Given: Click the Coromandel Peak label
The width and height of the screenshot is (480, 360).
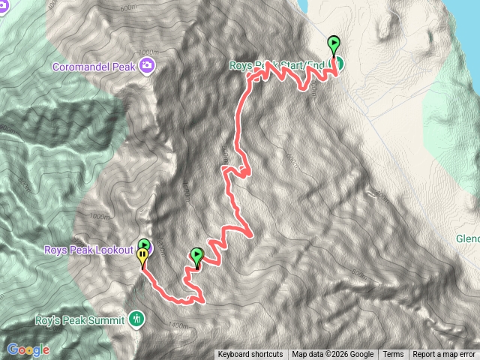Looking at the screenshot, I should click(94, 66).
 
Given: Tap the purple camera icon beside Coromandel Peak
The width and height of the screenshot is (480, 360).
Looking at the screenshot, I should click(148, 66).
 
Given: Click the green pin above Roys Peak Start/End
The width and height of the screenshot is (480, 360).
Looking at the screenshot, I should click(333, 43).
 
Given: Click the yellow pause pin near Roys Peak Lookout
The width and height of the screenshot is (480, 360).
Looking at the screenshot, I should click(142, 258).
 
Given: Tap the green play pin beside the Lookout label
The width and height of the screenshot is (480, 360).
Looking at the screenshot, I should click(143, 244).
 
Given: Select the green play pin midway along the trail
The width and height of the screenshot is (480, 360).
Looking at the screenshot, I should click(196, 256).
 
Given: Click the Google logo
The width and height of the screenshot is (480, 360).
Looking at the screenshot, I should click(28, 349).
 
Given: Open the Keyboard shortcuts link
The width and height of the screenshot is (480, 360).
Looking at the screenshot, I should click(250, 355).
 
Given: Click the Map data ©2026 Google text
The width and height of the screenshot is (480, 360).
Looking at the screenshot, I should click(333, 355).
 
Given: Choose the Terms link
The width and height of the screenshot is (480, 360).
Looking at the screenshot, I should click(393, 355).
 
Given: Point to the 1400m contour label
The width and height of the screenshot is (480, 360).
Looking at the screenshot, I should click(178, 325).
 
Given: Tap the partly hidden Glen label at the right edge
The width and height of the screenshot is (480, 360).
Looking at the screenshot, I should click(467, 239).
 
